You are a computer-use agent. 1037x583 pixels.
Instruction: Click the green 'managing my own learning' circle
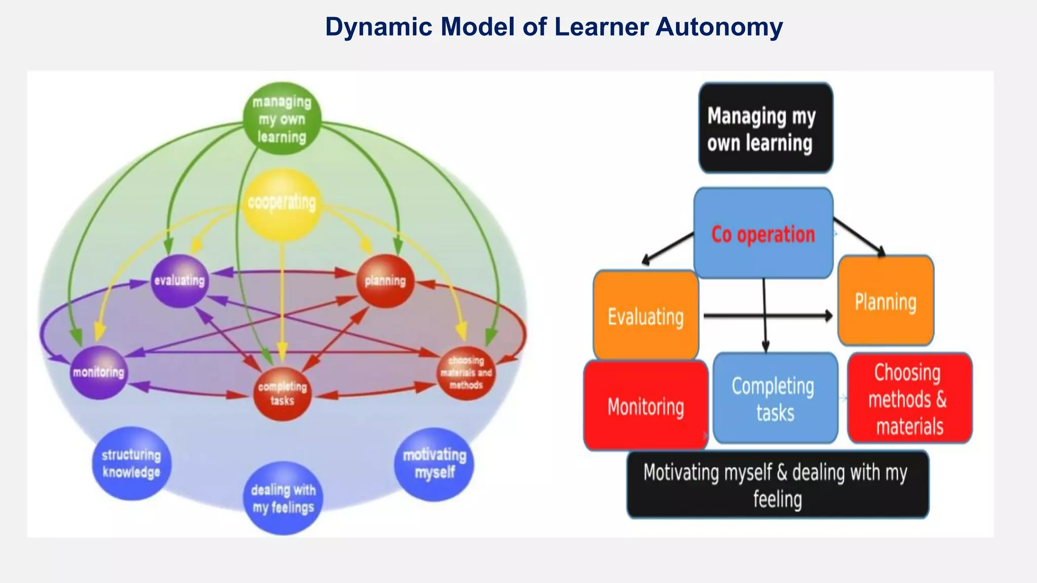[x=282, y=119]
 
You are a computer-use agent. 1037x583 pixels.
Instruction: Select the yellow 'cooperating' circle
[x=282, y=203]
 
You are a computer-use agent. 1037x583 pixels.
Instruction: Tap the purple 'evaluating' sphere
[x=180, y=281]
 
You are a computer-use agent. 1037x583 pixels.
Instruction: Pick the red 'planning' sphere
[x=385, y=281]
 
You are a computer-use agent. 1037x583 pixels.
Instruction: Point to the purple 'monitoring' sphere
[x=98, y=372]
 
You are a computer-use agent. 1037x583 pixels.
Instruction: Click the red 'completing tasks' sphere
[x=282, y=394]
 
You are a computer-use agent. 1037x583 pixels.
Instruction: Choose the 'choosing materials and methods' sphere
[x=466, y=373]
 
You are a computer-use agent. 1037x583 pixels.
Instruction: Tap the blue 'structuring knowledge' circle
[x=132, y=464]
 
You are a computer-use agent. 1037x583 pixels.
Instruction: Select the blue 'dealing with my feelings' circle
[x=284, y=498]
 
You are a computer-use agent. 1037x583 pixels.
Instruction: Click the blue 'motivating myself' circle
[x=434, y=464]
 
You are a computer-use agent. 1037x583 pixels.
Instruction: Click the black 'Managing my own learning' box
[x=766, y=129]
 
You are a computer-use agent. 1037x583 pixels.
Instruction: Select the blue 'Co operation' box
[x=763, y=233]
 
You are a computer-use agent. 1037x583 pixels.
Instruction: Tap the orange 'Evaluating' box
[x=646, y=316]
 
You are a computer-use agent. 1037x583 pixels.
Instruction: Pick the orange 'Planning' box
[x=886, y=302]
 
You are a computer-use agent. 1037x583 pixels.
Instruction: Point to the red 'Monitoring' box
[x=646, y=406]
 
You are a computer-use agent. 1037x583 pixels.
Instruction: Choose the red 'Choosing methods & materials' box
[x=909, y=399]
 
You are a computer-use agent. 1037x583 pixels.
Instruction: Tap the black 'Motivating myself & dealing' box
[x=777, y=485]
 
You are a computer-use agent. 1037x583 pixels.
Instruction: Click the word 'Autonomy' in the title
[x=719, y=27]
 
